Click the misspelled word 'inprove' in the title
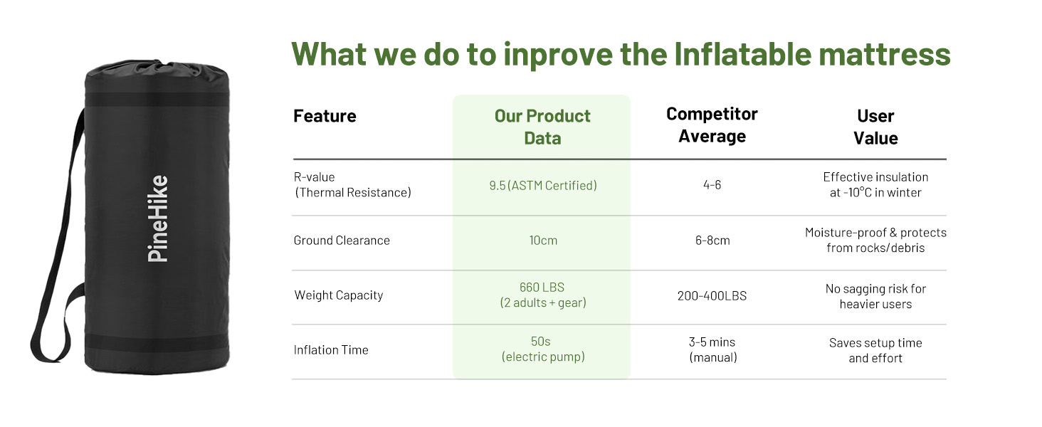[557, 56]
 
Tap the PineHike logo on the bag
[158, 218]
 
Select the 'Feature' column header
[325, 116]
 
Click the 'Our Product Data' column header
[542, 127]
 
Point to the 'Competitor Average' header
[712, 125]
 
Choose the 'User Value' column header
[875, 127]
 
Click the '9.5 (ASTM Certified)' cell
[543, 186]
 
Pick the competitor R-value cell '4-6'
[712, 185]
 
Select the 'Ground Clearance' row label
[342, 241]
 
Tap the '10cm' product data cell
[543, 241]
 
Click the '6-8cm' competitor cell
[712, 241]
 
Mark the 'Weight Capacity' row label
[339, 295]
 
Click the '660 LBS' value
[542, 288]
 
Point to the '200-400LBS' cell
[712, 296]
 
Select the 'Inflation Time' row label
[331, 350]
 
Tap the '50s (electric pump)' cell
[543, 349]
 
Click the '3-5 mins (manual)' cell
[712, 350]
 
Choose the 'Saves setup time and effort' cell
[875, 351]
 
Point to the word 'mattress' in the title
[885, 54]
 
